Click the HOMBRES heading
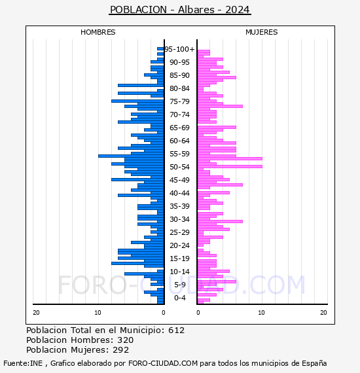[98, 32]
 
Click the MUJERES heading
[262, 32]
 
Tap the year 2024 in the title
[237, 10]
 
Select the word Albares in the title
[196, 10]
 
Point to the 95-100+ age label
[179, 49]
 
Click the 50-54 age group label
[179, 167]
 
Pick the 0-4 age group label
[180, 298]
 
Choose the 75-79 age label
[179, 101]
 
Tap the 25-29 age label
[179, 232]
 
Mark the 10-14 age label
[179, 272]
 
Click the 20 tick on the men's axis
[36, 313]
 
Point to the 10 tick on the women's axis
[261, 313]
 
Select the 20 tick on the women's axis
[323, 313]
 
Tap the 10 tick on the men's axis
[98, 313]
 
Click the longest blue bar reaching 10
[131, 156]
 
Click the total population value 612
[176, 330]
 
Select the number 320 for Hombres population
[126, 340]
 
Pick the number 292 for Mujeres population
[121, 350]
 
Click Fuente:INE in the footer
[23, 363]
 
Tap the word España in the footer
[314, 363]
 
